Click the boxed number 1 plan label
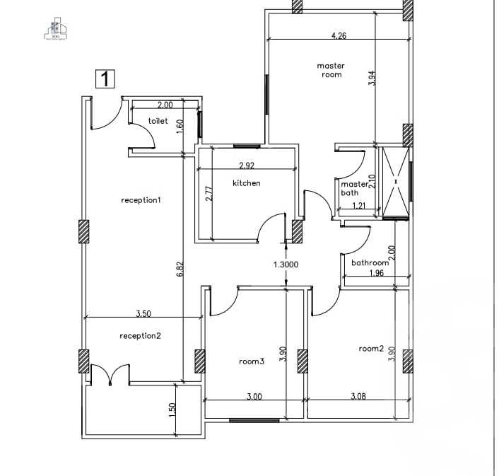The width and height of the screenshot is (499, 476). (x=105, y=79)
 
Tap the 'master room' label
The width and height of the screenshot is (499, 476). (x=331, y=70)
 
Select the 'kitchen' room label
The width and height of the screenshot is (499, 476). (x=247, y=183)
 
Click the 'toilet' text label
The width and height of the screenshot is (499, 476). (x=158, y=122)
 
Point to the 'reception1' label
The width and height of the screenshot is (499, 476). (x=141, y=200)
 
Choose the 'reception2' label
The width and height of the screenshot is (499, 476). (x=141, y=335)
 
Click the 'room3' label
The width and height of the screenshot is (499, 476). (x=252, y=361)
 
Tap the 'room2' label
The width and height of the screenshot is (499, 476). (x=371, y=349)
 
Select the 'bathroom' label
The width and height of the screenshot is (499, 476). (x=370, y=263)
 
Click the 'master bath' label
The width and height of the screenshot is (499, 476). (x=354, y=188)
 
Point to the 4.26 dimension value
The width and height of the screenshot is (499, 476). (x=339, y=35)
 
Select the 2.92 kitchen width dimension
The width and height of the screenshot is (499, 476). (x=247, y=166)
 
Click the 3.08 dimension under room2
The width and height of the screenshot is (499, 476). (x=359, y=397)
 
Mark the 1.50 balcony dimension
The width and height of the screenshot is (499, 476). (x=172, y=410)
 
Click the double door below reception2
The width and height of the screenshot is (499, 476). (x=110, y=375)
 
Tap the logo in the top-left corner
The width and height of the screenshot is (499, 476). (x=56, y=27)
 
